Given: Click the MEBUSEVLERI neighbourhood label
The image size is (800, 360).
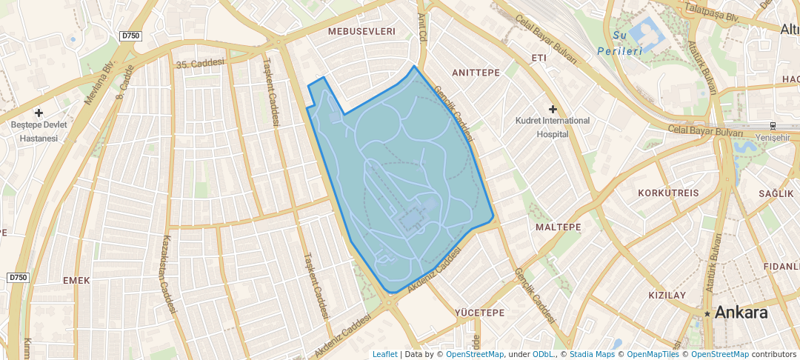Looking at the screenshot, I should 361,31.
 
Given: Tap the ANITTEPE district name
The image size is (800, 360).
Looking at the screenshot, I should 476,72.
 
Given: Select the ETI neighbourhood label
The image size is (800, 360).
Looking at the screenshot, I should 539,58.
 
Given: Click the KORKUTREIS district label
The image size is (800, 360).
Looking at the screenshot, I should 668,193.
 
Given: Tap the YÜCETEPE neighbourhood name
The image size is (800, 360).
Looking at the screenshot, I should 479,313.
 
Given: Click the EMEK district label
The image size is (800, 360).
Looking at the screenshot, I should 76,280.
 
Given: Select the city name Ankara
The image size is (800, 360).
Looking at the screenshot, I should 741,313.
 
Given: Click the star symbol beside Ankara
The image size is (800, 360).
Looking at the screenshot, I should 708,314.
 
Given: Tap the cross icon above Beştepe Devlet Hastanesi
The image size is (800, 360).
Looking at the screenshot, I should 39,113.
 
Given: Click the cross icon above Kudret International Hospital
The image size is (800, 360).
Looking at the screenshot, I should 553,109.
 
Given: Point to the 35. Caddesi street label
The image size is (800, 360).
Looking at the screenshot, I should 199,64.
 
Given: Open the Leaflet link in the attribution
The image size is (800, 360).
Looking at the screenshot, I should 384,354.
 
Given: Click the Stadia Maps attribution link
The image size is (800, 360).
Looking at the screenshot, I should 592,354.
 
